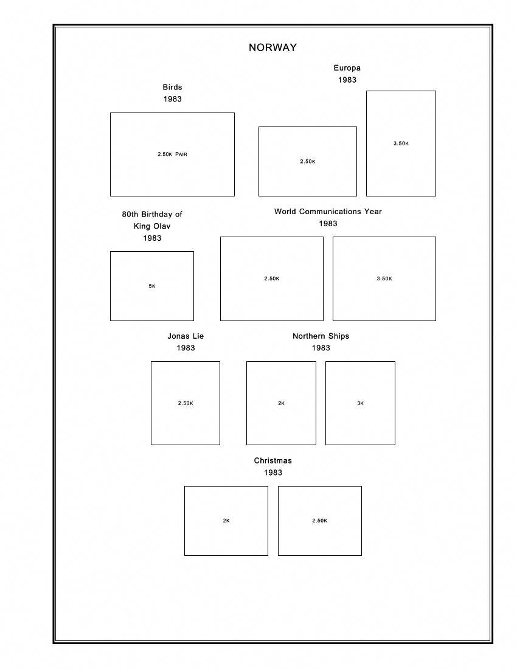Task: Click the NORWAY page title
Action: [x=272, y=48]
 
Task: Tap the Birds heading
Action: [x=172, y=88]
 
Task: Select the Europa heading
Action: [x=347, y=68]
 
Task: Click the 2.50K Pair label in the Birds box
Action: [x=172, y=154]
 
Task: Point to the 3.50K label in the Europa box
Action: [x=401, y=144]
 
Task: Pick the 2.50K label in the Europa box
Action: [x=307, y=162]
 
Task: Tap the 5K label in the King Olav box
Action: [x=152, y=286]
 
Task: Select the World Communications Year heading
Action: [x=328, y=212]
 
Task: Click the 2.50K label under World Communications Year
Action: [x=271, y=279]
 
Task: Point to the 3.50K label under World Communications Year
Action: [x=384, y=279]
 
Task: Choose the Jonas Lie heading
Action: [x=186, y=336]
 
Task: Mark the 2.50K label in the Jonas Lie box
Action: [x=186, y=404]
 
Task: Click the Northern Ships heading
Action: [x=321, y=336]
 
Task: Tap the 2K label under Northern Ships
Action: [x=281, y=404]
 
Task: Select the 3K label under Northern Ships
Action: [x=360, y=404]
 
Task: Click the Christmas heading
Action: [x=272, y=461]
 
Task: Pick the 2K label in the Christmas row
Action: [x=226, y=521]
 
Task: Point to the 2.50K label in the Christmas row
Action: [x=319, y=521]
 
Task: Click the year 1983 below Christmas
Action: [x=272, y=473]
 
